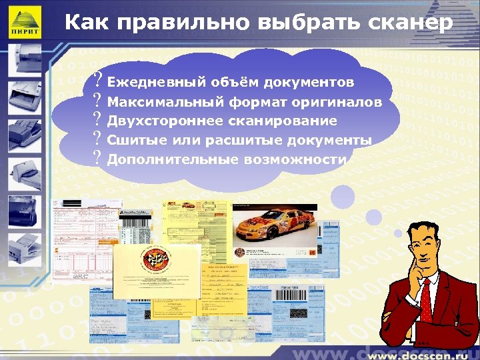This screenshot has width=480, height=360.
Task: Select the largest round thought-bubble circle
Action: (x=343, y=197)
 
